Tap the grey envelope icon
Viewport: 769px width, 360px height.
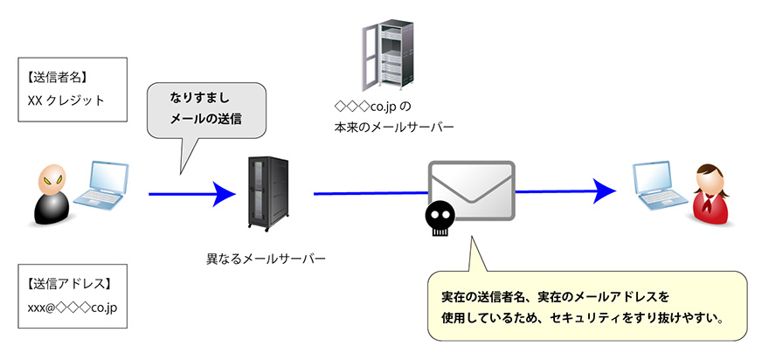coord(472,190)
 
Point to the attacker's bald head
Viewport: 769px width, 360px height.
coord(50,180)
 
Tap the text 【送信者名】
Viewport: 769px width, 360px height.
coord(58,76)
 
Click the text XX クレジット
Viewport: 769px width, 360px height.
coord(66,100)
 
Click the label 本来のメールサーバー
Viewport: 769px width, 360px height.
coord(394,128)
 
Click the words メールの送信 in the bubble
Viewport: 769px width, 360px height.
coord(206,118)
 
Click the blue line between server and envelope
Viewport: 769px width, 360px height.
coord(367,192)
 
